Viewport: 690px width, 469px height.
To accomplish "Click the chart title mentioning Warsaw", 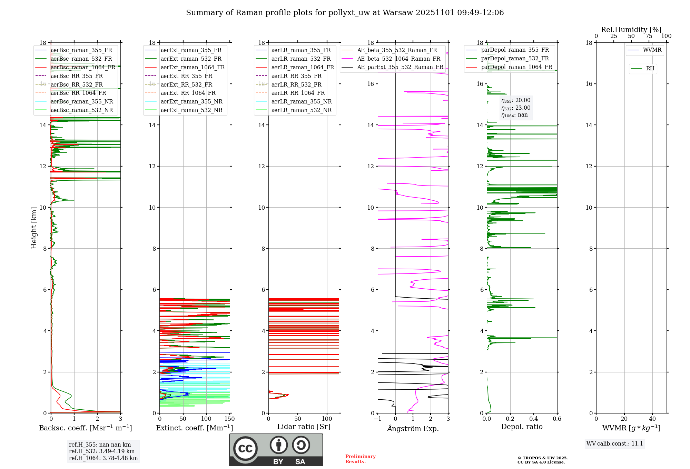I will pyautogui.click(x=345, y=13).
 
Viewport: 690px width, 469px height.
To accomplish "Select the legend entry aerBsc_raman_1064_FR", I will pyautogui.click(x=83, y=68).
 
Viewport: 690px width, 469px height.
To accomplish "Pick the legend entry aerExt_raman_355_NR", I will pyautogui.click(x=191, y=102).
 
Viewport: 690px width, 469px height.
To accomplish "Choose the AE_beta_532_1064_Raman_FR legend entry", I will pyautogui.click(x=398, y=59).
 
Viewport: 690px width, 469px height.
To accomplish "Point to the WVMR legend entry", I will pyautogui.click(x=652, y=50).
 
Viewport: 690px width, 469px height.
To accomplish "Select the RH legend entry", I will pyautogui.click(x=650, y=69).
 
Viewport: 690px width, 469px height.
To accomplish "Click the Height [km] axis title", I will pyautogui.click(x=34, y=228).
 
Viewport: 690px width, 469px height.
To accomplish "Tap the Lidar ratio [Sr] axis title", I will pyautogui.click(x=304, y=427).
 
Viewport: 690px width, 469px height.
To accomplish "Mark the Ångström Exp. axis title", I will pyautogui.click(x=413, y=429).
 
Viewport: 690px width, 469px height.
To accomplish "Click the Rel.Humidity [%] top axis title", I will pyautogui.click(x=631, y=30).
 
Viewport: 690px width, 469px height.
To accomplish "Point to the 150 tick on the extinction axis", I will pyautogui.click(x=229, y=419).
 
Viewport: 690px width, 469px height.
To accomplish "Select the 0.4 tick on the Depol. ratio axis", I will pyautogui.click(x=534, y=419).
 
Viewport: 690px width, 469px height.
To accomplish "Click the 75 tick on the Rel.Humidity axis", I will pyautogui.click(x=649, y=36).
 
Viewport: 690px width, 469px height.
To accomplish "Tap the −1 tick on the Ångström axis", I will pyautogui.click(x=378, y=419).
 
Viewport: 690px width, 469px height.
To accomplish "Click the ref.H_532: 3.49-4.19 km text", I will pyautogui.click(x=101, y=451).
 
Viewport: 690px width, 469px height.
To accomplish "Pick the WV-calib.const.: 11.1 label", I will pyautogui.click(x=615, y=444).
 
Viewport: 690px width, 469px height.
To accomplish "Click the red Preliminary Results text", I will pyautogui.click(x=360, y=459).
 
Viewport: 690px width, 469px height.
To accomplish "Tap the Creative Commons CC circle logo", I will pyautogui.click(x=245, y=449).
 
